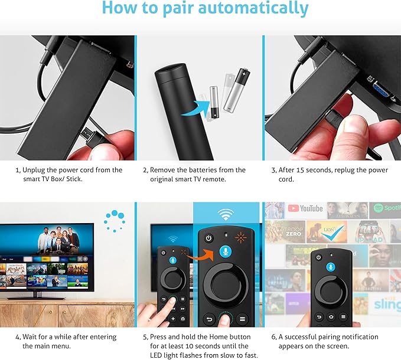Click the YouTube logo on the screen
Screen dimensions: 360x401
305,208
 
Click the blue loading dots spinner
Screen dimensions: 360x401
115,220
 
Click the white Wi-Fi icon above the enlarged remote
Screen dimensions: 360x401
226,214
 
